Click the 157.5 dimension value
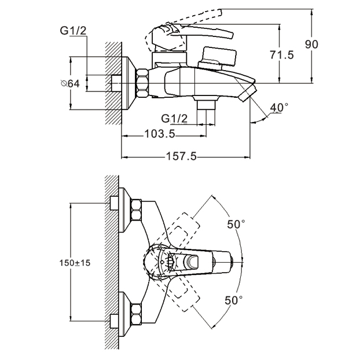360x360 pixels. click(181, 156)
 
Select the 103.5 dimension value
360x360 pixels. click(160, 134)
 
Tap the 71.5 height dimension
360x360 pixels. click(281, 55)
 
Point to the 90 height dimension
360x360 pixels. click(311, 45)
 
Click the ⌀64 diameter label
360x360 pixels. click(70, 83)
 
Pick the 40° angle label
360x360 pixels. click(279, 107)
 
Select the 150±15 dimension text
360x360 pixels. click(75, 263)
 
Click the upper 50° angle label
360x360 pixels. click(236, 224)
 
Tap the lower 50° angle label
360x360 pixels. click(233, 300)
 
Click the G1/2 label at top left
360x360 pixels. click(73, 31)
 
